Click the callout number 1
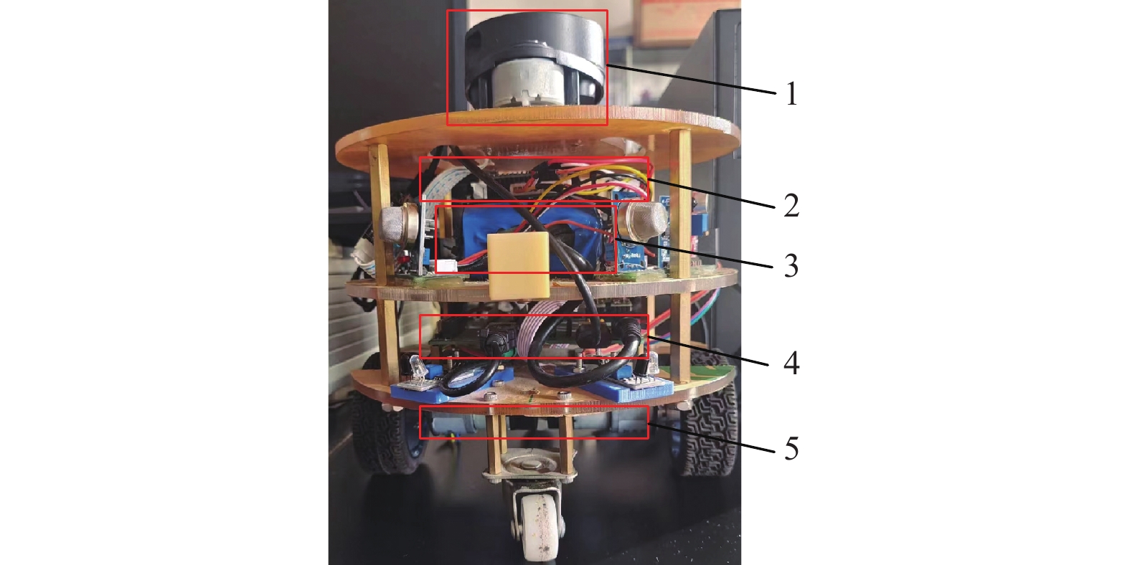point(791,93)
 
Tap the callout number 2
point(791,205)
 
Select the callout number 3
point(791,265)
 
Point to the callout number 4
point(791,363)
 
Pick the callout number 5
point(791,448)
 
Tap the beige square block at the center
point(518,265)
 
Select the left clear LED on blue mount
point(418,367)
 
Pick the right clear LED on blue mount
point(652,364)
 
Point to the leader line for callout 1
point(691,80)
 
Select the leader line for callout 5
point(712,438)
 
